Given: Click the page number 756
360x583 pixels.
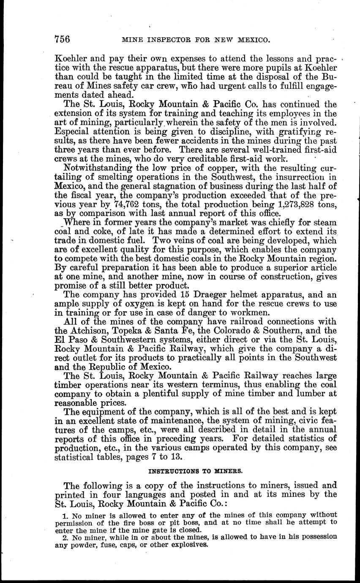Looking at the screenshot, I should (x=62, y=40).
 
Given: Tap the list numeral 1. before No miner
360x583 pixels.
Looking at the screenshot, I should (x=65, y=515).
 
